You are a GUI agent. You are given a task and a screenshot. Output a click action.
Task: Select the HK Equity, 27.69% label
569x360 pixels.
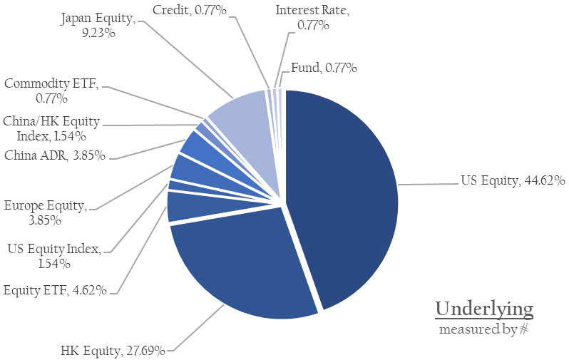pyautogui.click(x=113, y=351)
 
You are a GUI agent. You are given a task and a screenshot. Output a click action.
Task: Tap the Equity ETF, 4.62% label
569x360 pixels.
pyautogui.click(x=56, y=290)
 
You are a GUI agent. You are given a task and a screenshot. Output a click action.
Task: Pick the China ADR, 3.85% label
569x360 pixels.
pyautogui.click(x=54, y=155)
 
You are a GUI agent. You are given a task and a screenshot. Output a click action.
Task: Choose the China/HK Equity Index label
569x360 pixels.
pyautogui.click(x=51, y=128)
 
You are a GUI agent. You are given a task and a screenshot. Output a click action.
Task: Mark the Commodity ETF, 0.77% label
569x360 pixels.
pyautogui.click(x=51, y=91)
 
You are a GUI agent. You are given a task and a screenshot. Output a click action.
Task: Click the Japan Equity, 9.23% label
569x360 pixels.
pyautogui.click(x=98, y=25)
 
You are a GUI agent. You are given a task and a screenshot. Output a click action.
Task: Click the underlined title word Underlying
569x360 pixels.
pyautogui.click(x=484, y=309)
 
